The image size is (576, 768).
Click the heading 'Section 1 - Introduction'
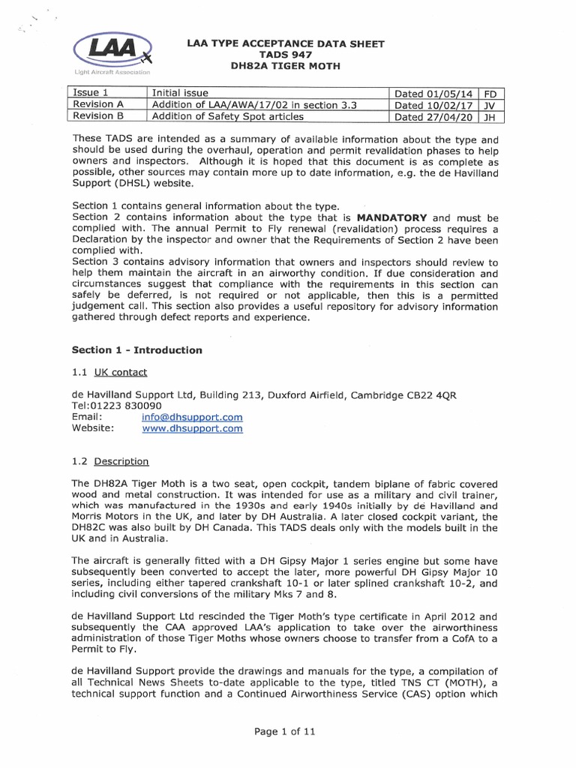136,349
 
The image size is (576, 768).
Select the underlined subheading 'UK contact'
120,372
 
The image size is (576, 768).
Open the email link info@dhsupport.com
192,417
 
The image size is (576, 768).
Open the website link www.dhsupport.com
192,428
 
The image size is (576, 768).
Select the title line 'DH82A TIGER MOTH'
285,67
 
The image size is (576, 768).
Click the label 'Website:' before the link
93,428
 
